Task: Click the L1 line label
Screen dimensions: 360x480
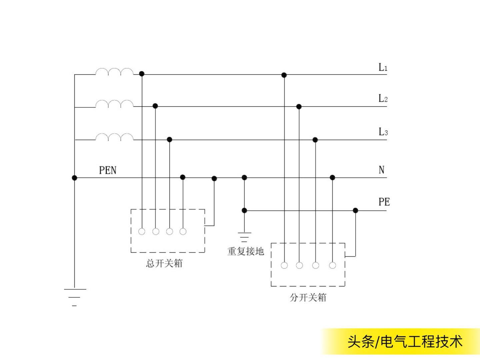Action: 383,67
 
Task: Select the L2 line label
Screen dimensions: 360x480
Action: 383,99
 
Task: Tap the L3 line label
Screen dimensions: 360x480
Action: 383,132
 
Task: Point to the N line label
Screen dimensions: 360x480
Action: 382,170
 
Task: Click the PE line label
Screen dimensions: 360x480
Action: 384,202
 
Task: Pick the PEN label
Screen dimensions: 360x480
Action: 108,170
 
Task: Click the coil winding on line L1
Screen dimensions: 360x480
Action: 114,72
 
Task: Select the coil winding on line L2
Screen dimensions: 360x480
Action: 114,104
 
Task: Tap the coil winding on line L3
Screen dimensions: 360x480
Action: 114,137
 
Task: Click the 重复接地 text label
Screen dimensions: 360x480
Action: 246,251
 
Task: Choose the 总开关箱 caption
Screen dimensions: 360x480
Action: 164,264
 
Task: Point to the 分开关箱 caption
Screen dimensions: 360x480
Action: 308,297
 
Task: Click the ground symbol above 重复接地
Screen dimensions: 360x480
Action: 244,237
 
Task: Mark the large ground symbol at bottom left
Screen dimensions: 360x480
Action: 75,297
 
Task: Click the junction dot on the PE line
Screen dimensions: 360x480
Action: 355,210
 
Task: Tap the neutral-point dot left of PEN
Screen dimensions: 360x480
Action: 74,178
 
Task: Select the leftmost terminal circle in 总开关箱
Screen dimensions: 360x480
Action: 142,231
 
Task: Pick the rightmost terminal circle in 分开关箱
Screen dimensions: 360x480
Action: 332,265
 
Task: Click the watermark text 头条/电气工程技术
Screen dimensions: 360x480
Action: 405,342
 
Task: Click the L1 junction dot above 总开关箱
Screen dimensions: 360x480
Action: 142,74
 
